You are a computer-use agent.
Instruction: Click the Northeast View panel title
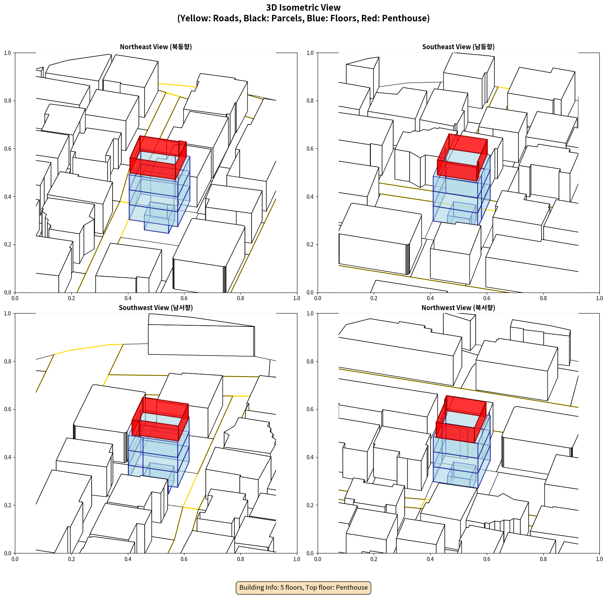click(156, 47)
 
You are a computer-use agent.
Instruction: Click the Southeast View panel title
click(458, 47)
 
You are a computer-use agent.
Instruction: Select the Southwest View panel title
click(156, 308)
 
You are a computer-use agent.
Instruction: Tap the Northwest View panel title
click(458, 308)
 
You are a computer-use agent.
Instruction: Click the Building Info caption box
click(303, 587)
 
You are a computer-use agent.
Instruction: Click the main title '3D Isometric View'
click(303, 8)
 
